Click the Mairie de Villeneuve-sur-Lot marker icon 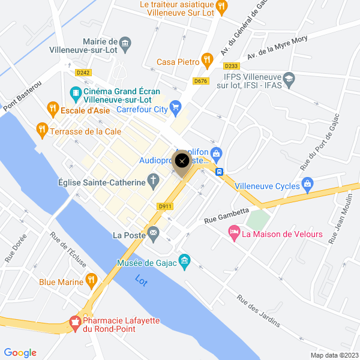(x=125, y=42)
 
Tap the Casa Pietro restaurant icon (x=207, y=59)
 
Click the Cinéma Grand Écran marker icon (x=75, y=92)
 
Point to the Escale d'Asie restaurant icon (x=52, y=109)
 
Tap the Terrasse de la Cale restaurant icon (x=41, y=128)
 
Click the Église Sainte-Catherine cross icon (x=154, y=179)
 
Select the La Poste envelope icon (x=154, y=233)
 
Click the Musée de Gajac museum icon (x=185, y=260)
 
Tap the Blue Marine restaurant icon (x=91, y=279)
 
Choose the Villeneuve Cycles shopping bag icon (x=308, y=184)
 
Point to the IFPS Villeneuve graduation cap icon (x=289, y=79)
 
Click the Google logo (x=20, y=353)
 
